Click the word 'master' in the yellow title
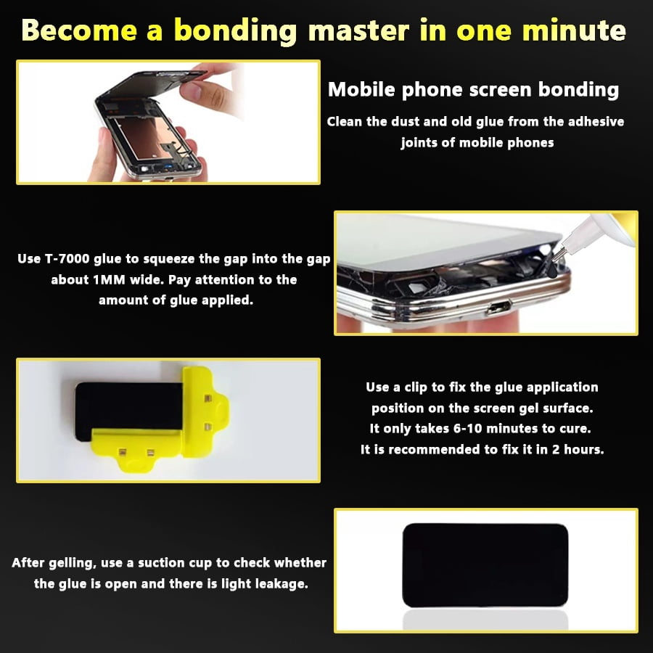click(358, 30)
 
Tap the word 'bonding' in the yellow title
click(235, 31)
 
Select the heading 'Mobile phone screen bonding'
click(473, 90)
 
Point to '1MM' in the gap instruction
click(109, 279)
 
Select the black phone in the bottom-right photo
click(485, 565)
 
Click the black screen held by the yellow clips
click(128, 408)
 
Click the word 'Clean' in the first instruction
click(345, 122)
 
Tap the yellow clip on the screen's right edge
click(205, 412)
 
